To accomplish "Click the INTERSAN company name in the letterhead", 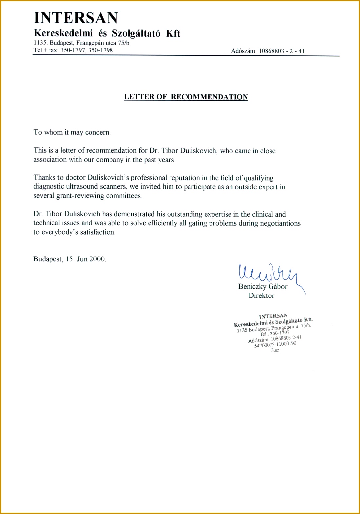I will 76,18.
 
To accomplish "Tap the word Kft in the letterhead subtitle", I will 173,33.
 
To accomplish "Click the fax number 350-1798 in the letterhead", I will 100,50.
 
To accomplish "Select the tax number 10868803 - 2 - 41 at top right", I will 282,51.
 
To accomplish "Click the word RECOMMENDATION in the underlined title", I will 209,97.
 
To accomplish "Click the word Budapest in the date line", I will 48,259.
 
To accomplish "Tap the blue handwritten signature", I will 267,274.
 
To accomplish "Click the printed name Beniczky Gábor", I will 263,287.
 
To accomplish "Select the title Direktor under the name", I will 261,295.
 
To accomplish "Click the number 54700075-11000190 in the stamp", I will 275,344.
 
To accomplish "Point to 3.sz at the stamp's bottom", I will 275,350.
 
